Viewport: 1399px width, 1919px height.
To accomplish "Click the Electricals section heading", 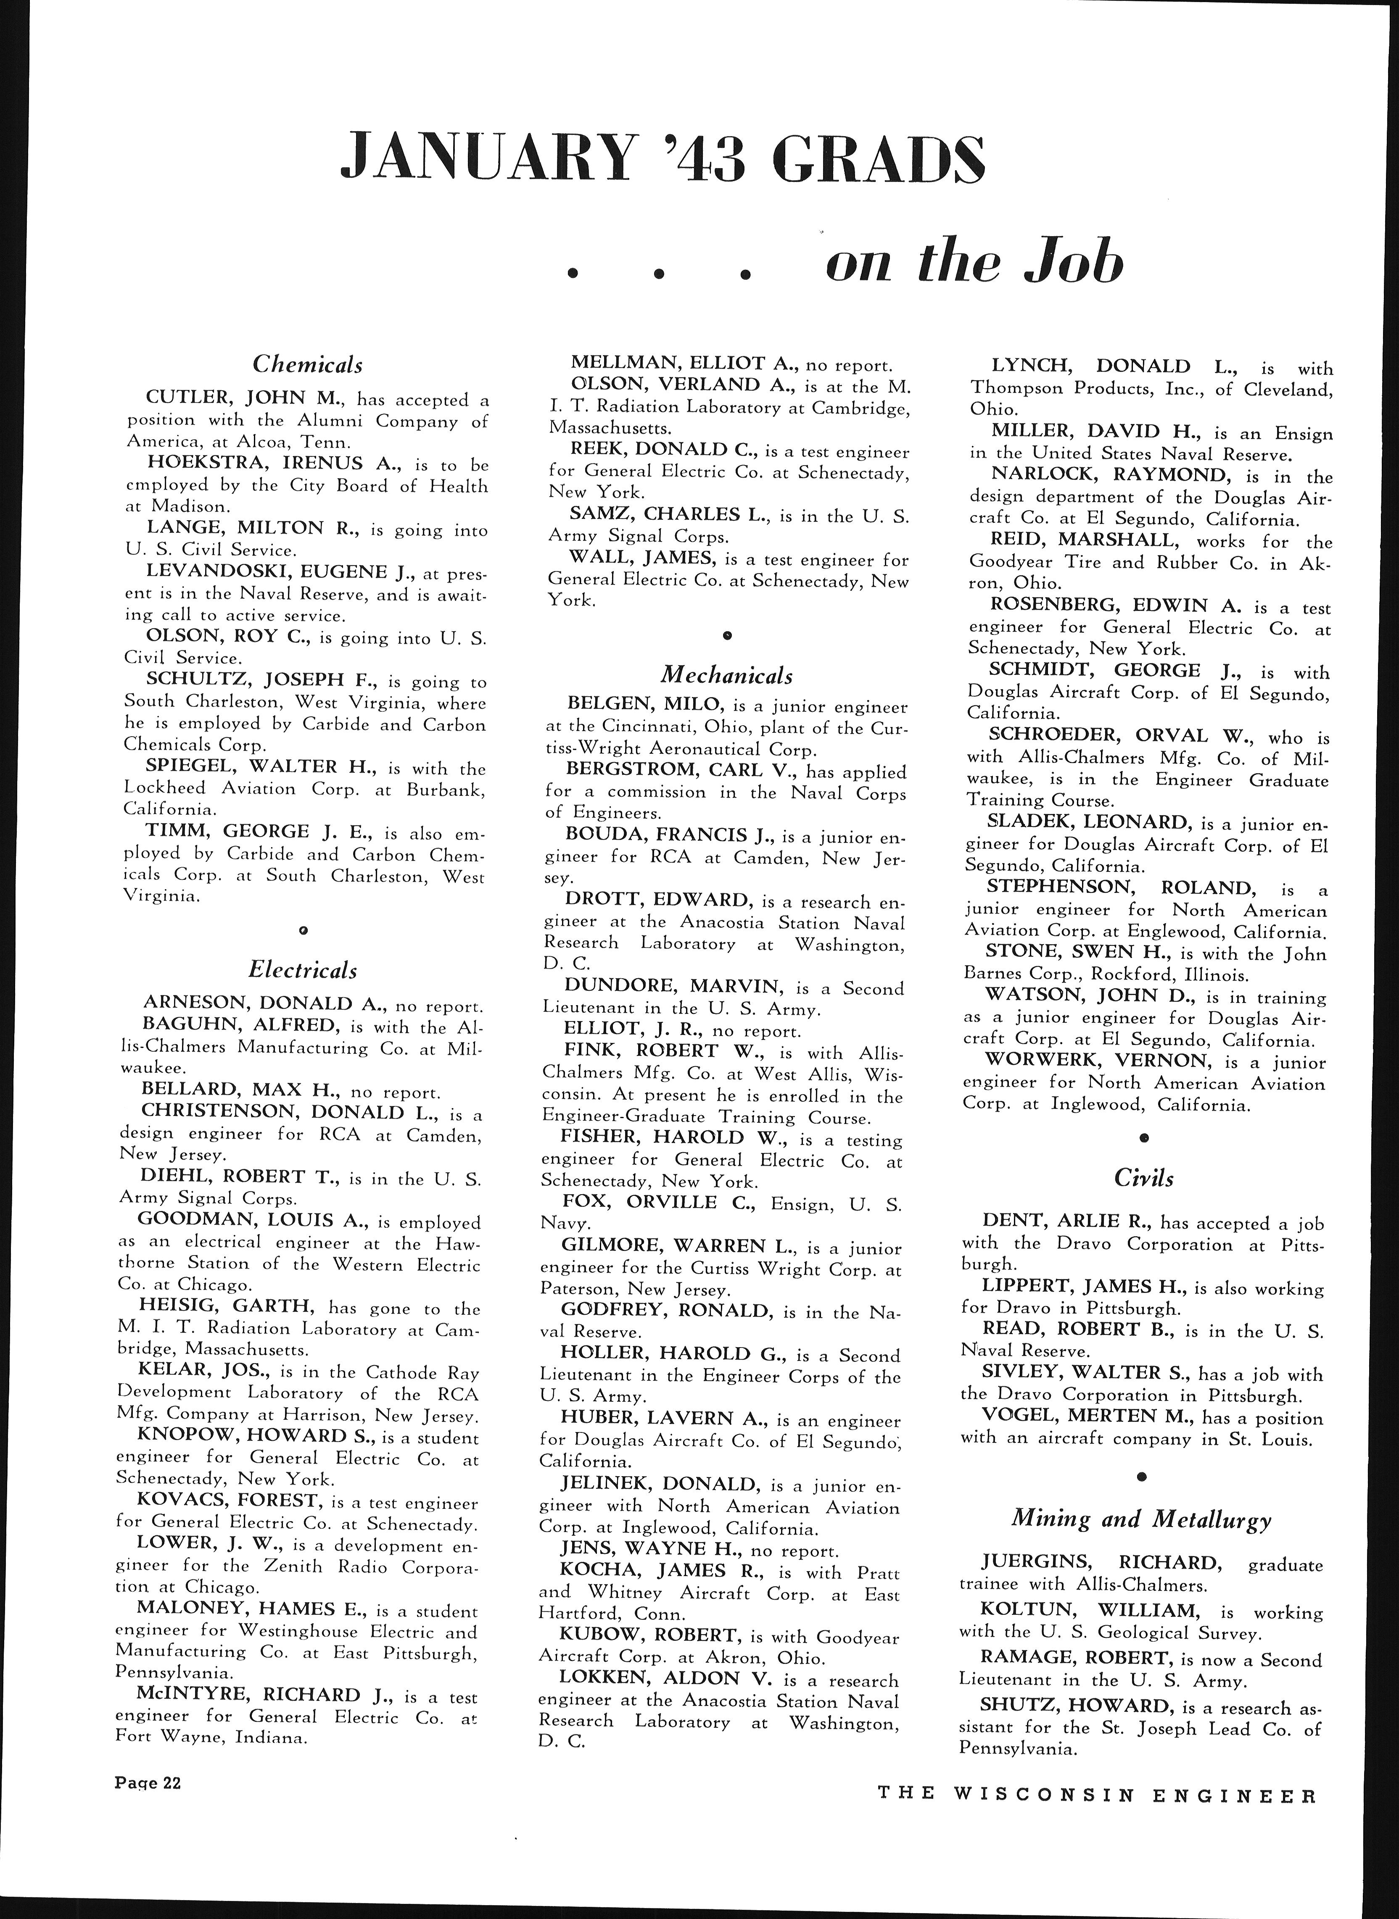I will (302, 969).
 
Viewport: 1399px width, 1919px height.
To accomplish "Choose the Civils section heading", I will (1143, 1177).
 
